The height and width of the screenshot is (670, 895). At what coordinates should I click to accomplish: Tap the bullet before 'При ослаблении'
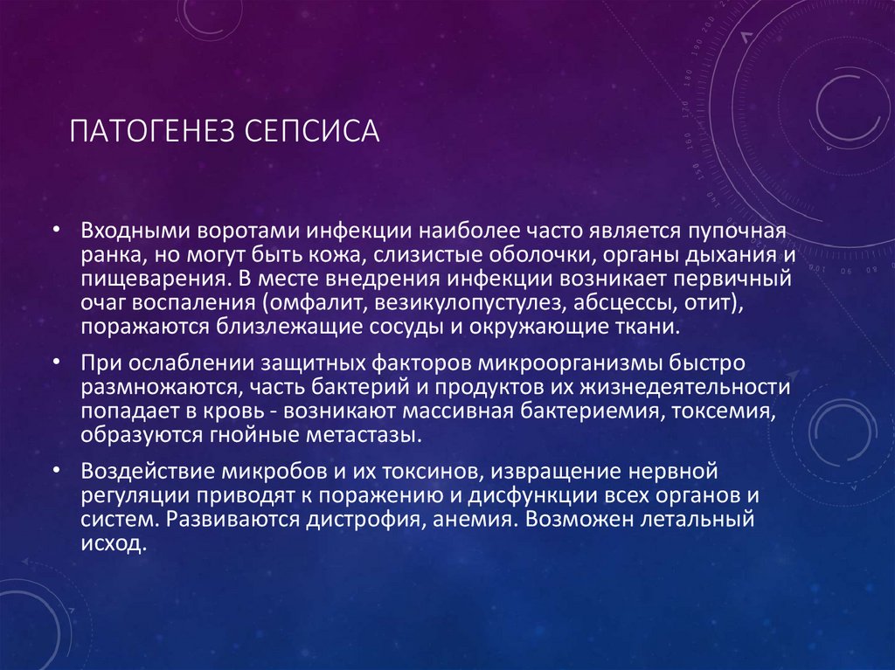(x=55, y=359)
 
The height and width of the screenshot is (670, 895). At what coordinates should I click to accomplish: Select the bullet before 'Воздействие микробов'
(x=55, y=470)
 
